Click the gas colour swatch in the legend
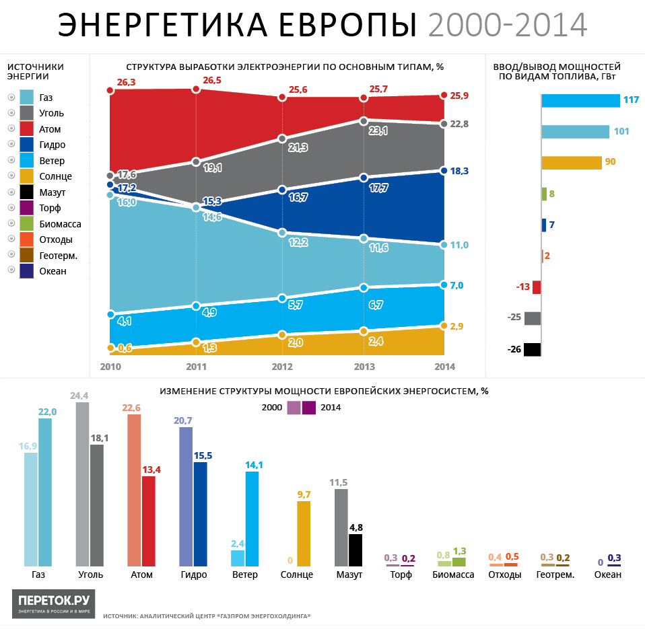tap(28, 98)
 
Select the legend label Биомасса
tap(59, 224)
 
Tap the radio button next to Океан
tap(10, 270)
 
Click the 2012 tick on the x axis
tap(282, 367)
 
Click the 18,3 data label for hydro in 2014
tap(459, 172)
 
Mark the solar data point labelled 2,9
tap(444, 326)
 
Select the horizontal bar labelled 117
tap(580, 100)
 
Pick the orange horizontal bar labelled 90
tap(571, 163)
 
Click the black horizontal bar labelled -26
tap(532, 349)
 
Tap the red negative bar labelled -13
tap(536, 287)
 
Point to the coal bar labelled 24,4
tap(83, 484)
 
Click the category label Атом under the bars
tap(141, 575)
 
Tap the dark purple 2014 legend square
tap(309, 408)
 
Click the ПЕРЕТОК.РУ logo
tap(54, 603)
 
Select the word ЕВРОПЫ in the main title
tap(343, 25)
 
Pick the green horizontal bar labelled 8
tap(544, 194)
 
